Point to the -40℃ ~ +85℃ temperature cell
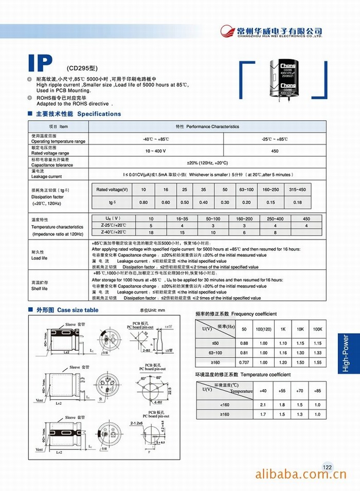coord(156,139)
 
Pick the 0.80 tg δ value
coord(143,202)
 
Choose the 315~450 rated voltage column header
coord(297,190)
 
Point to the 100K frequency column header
coord(317,329)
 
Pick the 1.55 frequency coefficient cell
coord(317,362)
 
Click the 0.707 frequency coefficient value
coord(244,362)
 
